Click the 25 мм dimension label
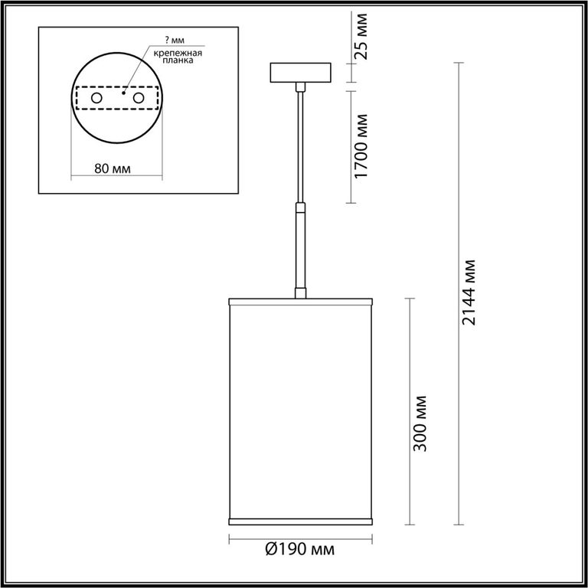click(361, 37)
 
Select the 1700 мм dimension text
click(361, 147)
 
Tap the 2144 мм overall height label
click(469, 292)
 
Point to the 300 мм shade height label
click(420, 423)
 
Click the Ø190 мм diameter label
click(300, 550)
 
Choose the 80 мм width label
click(113, 168)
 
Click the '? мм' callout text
click(175, 40)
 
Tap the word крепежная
click(178, 53)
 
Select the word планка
click(178, 60)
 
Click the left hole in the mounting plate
click(96, 98)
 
